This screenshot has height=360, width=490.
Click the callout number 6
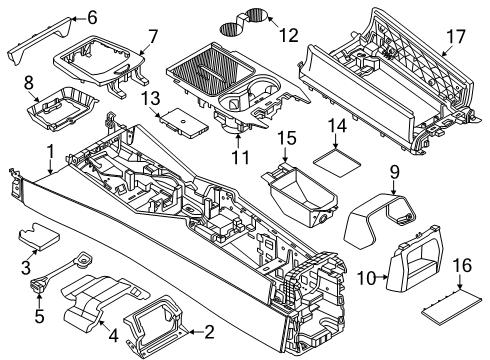tap(91, 17)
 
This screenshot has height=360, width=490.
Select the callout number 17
tap(455, 37)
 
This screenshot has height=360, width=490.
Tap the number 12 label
tap(289, 35)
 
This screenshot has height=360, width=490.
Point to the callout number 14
tap(337, 126)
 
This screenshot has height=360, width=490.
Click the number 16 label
tap(462, 265)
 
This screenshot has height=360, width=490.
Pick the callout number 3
tap(26, 268)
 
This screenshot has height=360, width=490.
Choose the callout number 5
tap(39, 316)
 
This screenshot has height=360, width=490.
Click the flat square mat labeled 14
tap(337, 162)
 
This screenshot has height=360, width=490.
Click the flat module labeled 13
tap(183, 122)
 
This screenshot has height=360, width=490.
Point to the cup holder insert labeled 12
tap(243, 23)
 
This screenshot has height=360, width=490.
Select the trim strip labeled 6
tap(40, 40)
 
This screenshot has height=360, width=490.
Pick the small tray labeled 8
tap(62, 108)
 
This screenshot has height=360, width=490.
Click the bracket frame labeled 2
tap(153, 322)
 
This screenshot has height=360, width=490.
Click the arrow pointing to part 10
tap(382, 276)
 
